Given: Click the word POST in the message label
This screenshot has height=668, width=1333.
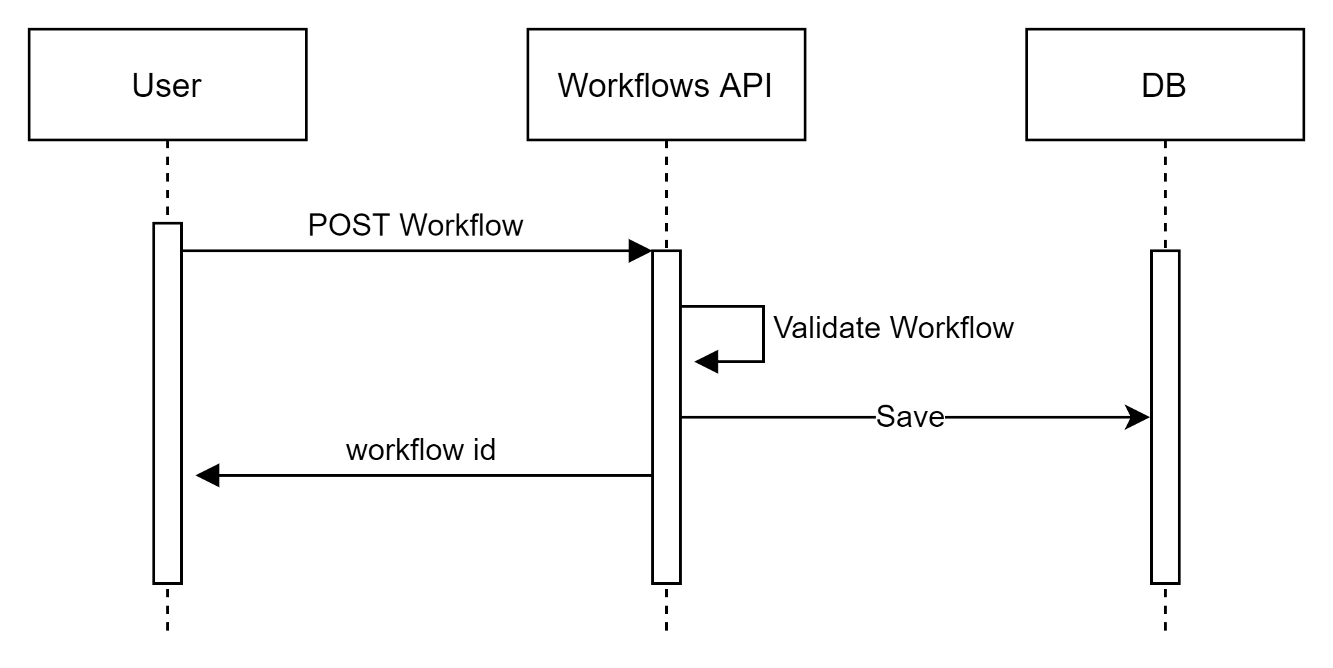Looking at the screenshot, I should pyautogui.click(x=348, y=226).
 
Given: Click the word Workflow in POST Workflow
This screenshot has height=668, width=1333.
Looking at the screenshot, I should pyautogui.click(x=461, y=226).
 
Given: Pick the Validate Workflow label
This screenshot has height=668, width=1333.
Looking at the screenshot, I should pyautogui.click(x=893, y=328).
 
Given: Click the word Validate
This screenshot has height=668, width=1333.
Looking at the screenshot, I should pyautogui.click(x=827, y=328).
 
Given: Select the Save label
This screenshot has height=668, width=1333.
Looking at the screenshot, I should pyautogui.click(x=910, y=416).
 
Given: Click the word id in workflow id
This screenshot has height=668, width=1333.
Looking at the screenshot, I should pyautogui.click(x=484, y=450).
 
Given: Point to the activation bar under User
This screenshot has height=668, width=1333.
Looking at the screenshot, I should pyautogui.click(x=167, y=402).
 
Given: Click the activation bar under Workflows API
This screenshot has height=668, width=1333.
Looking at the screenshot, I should pyautogui.click(x=666, y=416).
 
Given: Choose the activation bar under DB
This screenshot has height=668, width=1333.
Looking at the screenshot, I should pyautogui.click(x=1165, y=416).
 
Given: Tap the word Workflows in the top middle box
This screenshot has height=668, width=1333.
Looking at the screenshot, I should pyautogui.click(x=633, y=86).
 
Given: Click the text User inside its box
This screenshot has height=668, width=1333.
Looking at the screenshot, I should pyautogui.click(x=166, y=86).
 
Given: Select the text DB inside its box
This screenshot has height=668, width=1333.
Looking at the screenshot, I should pyautogui.click(x=1163, y=86).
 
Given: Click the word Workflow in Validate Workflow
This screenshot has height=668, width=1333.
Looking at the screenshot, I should pyautogui.click(x=951, y=328).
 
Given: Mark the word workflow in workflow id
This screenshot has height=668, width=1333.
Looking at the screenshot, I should pyautogui.click(x=405, y=450).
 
